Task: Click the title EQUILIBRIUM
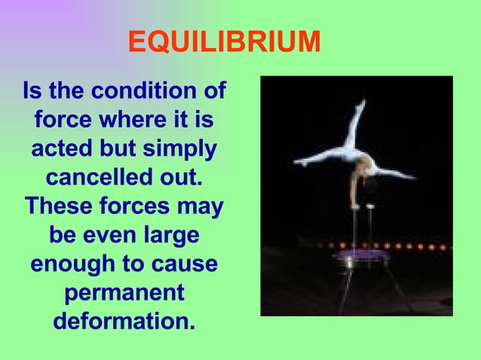click(224, 43)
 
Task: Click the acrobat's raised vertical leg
click(355, 124)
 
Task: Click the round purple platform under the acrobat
click(363, 258)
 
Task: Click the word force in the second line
click(66, 121)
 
